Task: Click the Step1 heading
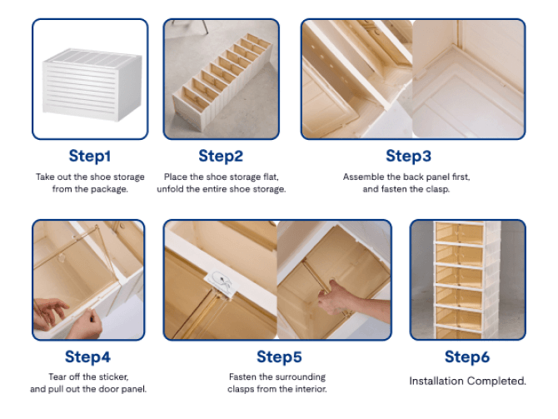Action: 90,156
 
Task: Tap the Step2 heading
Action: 221,156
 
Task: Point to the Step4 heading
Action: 87,357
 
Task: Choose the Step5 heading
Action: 278,357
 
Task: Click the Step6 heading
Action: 466,357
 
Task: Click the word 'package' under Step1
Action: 110,189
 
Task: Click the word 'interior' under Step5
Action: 310,389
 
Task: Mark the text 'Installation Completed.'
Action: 467,381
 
